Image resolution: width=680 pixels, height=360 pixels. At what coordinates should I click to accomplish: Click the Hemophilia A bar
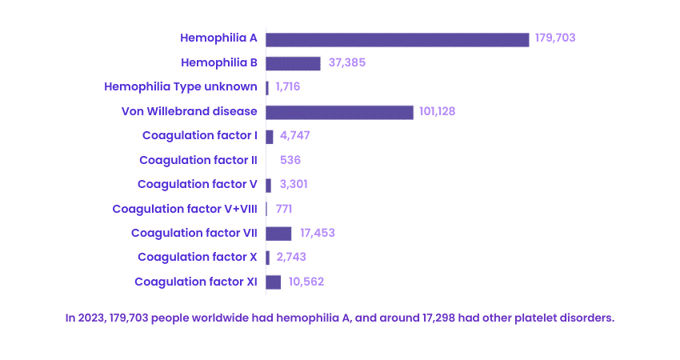397,39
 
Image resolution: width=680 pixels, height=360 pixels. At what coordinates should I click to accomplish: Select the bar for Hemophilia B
293,63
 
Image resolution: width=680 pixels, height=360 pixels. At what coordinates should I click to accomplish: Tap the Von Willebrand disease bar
339,112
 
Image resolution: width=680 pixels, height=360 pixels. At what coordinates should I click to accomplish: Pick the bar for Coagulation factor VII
278,234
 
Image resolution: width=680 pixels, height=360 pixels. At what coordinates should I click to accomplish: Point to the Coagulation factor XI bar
274,282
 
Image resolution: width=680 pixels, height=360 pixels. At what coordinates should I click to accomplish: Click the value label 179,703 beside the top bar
556,38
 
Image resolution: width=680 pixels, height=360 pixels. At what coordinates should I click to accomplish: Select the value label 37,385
347,62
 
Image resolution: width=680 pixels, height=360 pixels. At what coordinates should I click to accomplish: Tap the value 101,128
437,111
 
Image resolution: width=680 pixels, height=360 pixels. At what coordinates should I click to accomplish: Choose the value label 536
290,160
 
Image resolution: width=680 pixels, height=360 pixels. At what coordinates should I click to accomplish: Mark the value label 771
284,209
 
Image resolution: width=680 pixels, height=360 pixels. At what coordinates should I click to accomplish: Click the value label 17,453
318,233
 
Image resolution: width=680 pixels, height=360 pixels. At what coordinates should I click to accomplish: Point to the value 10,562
306,282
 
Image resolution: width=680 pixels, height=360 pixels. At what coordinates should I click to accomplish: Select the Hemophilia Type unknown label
181,87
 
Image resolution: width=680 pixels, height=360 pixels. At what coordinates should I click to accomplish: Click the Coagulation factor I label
199,135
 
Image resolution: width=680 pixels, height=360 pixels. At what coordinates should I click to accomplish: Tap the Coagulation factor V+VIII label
185,209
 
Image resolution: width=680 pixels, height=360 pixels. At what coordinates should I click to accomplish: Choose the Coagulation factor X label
197,257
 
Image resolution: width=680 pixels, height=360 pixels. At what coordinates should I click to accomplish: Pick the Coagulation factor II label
198,160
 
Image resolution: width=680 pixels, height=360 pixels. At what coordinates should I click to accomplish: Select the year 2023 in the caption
90,318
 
